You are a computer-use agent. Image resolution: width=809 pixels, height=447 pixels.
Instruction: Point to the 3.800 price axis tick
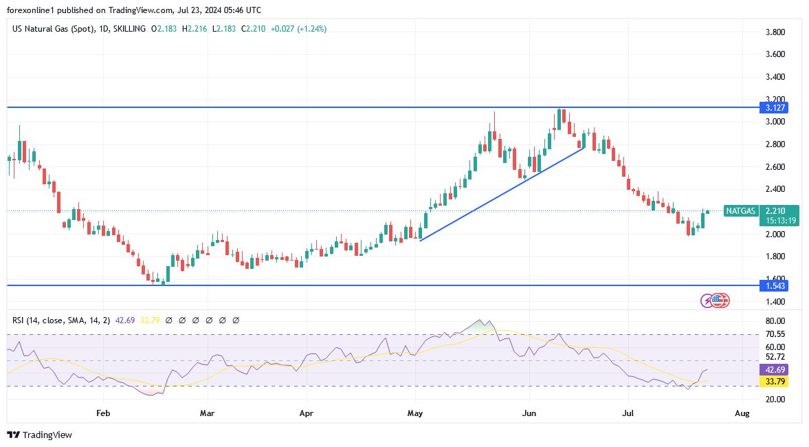776,32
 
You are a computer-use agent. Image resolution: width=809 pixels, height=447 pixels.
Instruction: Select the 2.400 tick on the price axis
776,189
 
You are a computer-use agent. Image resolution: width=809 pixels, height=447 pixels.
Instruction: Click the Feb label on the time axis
103,414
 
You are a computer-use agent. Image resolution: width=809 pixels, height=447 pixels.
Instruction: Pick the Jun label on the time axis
529,414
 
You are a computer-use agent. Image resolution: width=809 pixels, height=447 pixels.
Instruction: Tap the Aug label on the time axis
742,414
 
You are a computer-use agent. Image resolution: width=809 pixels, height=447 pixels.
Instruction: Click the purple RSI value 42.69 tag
773,369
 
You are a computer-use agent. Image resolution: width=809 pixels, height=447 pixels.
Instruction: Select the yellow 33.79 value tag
773,381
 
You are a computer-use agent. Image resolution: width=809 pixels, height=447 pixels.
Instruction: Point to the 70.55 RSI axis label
776,334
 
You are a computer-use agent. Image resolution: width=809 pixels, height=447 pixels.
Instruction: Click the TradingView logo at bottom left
39,435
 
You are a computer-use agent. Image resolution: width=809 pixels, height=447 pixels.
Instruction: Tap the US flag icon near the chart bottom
719,300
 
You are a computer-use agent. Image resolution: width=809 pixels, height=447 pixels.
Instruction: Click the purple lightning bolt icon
707,301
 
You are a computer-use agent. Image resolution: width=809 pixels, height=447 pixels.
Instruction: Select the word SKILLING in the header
129,29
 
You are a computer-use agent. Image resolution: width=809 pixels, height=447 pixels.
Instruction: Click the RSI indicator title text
61,320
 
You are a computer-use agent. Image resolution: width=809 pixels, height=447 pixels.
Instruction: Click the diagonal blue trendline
502,193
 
